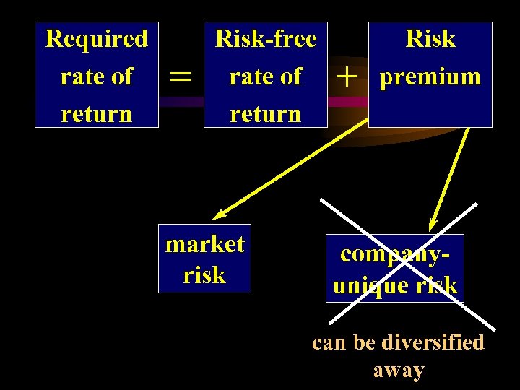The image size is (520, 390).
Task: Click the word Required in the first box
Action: click(x=96, y=38)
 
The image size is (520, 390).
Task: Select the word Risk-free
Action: click(x=266, y=38)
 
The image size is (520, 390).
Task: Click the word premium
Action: click(x=430, y=77)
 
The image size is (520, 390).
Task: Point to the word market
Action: click(x=205, y=244)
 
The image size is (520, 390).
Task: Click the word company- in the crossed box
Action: click(x=395, y=253)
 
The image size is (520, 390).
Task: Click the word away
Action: click(x=399, y=370)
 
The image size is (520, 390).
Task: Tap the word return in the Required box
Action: click(x=96, y=114)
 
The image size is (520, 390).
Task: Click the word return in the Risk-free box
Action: click(x=266, y=114)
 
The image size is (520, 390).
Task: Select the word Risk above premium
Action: click(x=430, y=38)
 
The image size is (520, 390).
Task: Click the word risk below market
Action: click(x=204, y=275)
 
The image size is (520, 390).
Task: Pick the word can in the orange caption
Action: click(x=329, y=342)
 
